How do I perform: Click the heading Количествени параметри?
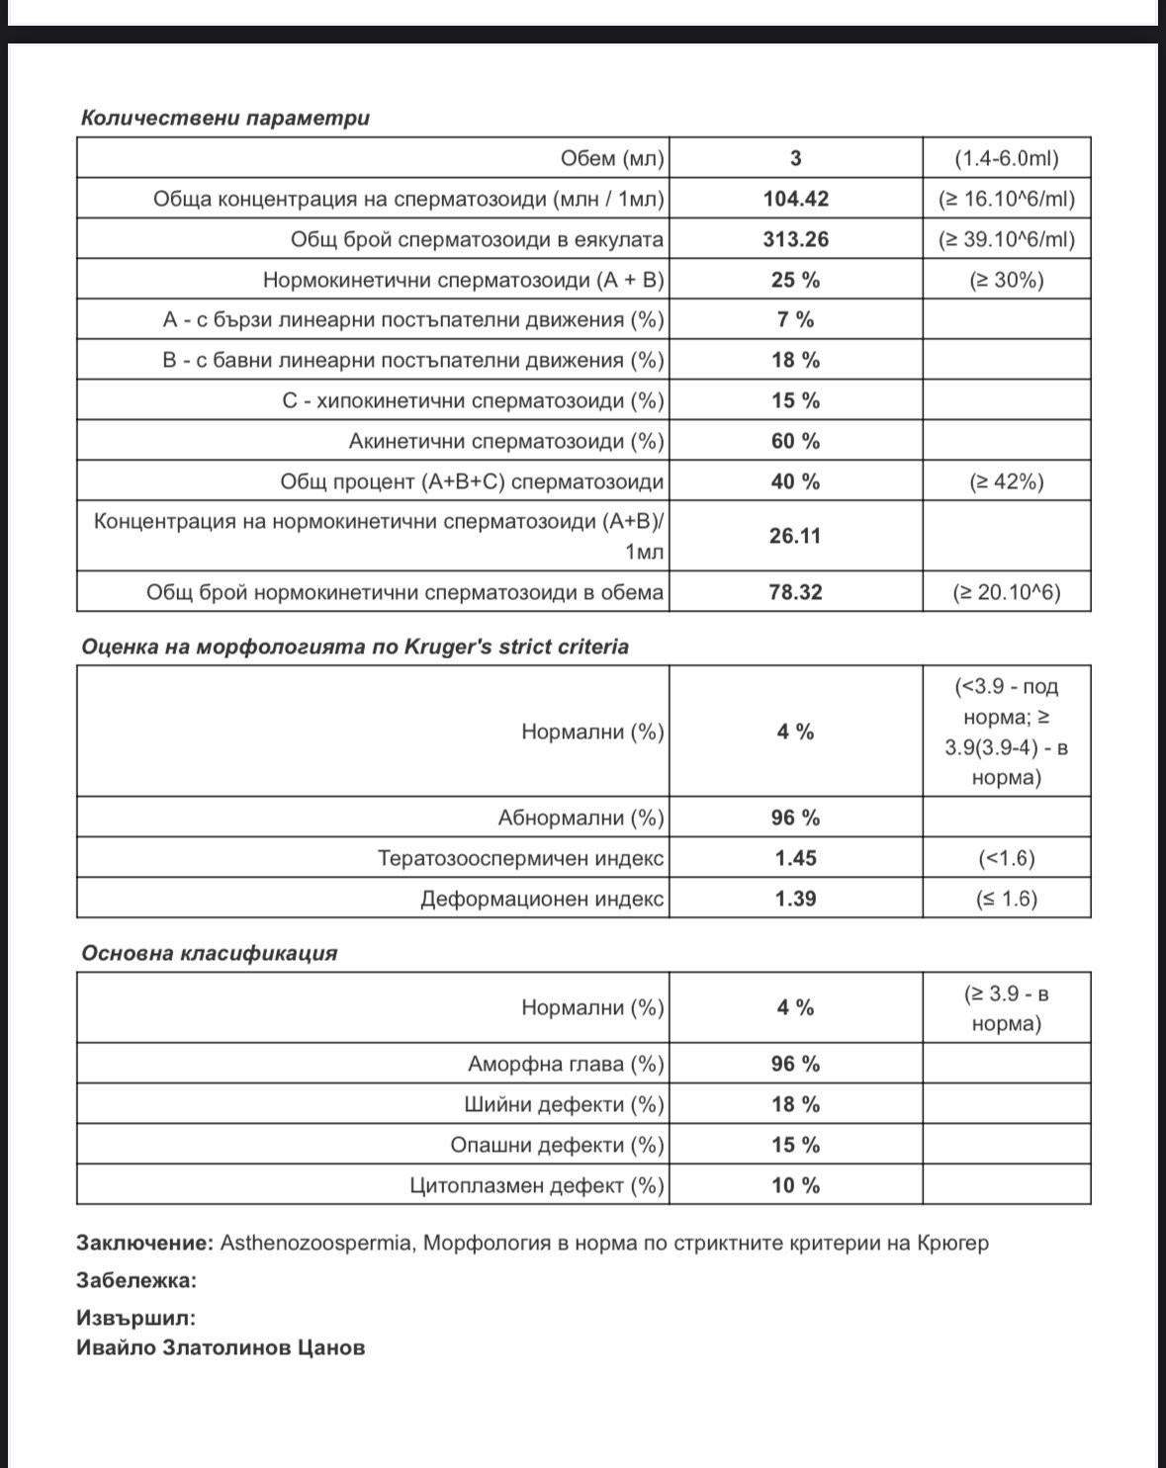(x=224, y=118)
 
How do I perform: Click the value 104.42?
(x=796, y=199)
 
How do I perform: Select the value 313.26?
(x=796, y=239)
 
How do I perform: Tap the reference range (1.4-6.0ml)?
(x=1007, y=158)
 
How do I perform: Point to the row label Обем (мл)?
(x=612, y=158)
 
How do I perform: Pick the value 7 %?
(x=796, y=319)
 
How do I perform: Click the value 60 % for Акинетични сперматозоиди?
(x=796, y=441)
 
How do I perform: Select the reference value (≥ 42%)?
(x=1007, y=481)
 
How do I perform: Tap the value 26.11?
(x=796, y=536)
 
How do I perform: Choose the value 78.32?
(x=796, y=592)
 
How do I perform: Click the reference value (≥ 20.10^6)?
(x=1007, y=592)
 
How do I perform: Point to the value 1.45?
(x=796, y=858)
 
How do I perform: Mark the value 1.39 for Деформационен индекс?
(x=796, y=899)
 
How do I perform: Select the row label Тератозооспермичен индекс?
(x=520, y=858)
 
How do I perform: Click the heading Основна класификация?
(x=209, y=953)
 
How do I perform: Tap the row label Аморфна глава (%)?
(x=566, y=1064)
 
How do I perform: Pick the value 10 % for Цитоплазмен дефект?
(x=796, y=1185)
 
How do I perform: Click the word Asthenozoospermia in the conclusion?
(x=315, y=1243)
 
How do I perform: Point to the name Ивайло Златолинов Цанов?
(x=221, y=1347)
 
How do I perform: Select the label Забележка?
(x=136, y=1280)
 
